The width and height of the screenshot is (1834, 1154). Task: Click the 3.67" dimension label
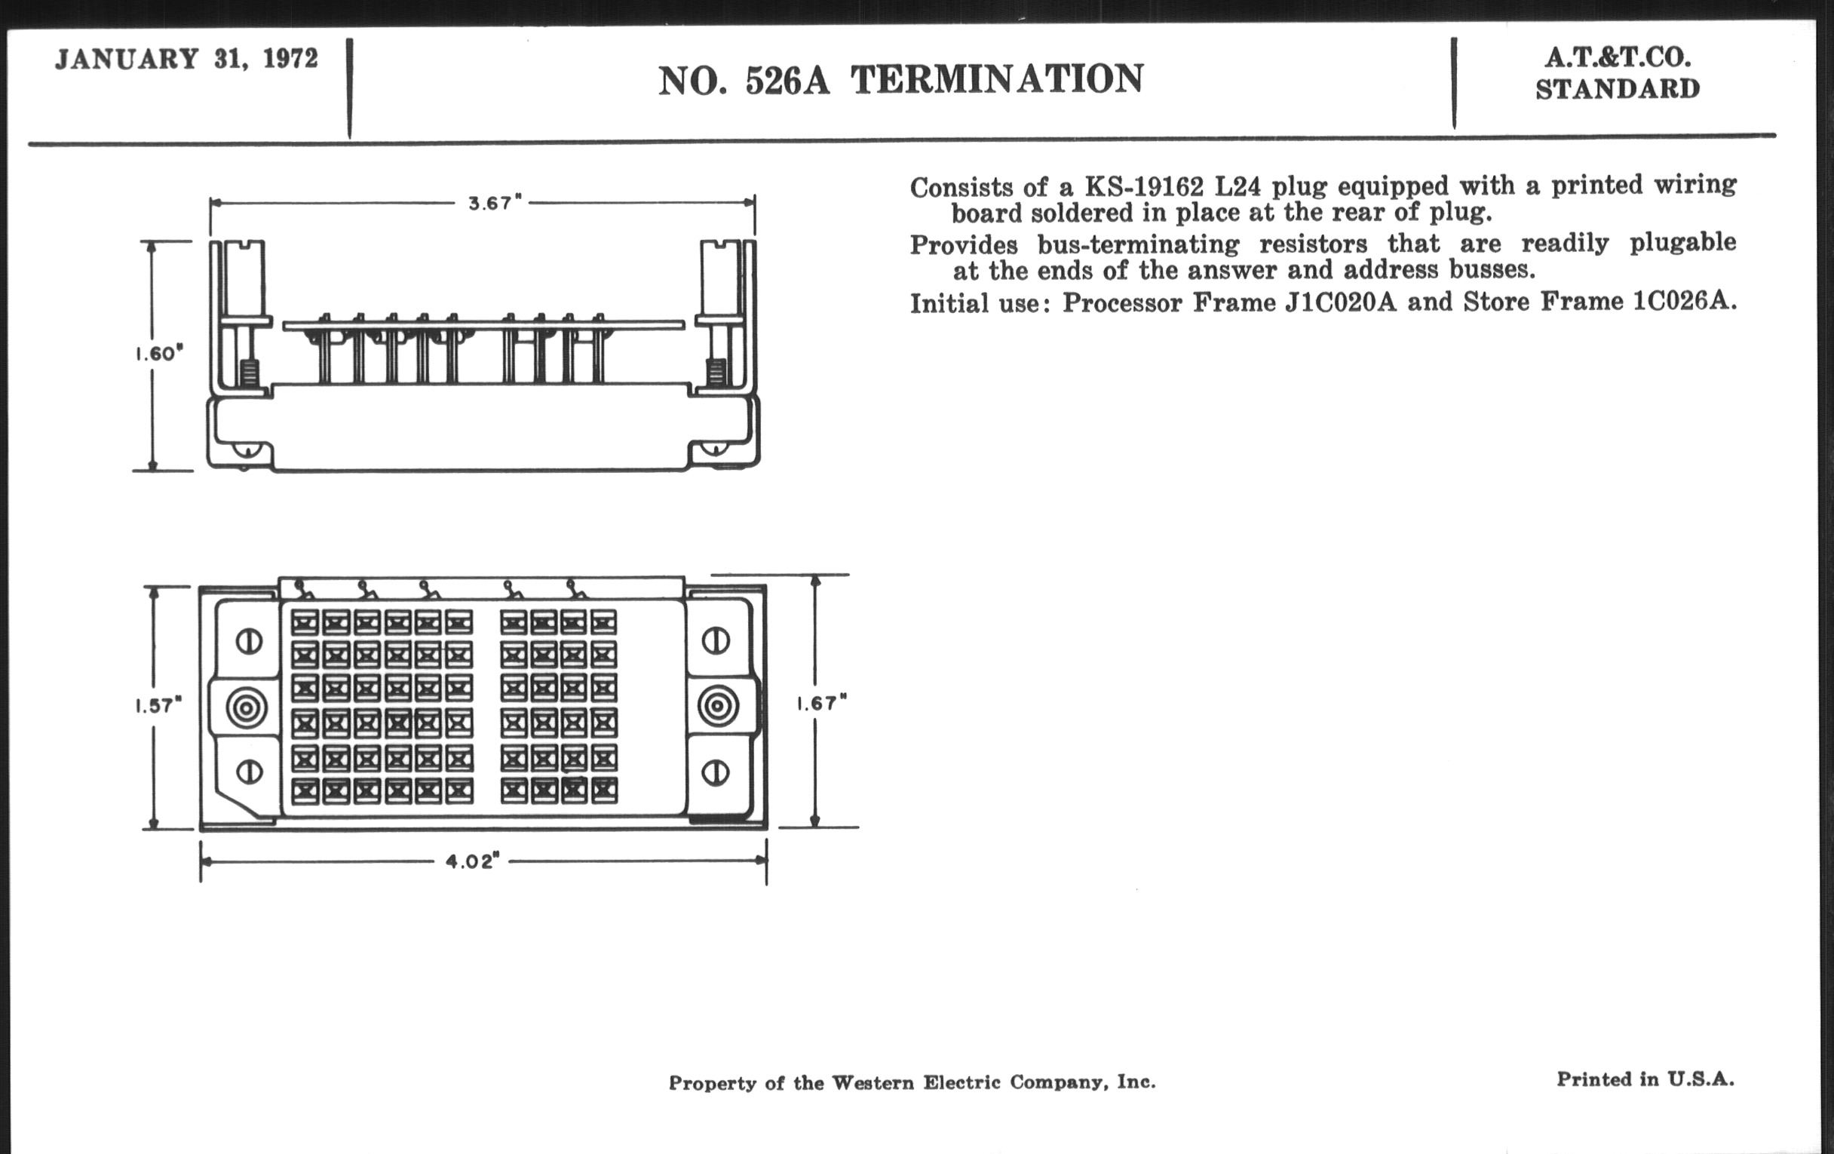click(x=495, y=204)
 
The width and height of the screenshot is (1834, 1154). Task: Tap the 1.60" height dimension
click(x=160, y=354)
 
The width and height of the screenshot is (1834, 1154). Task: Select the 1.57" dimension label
click(x=158, y=705)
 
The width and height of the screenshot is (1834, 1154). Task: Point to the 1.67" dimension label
click(x=822, y=703)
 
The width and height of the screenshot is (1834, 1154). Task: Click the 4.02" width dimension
click(x=472, y=861)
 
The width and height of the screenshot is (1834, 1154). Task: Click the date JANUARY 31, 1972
click(x=186, y=59)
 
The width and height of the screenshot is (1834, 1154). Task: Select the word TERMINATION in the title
click(x=997, y=79)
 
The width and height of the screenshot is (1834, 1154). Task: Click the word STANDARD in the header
click(x=1618, y=89)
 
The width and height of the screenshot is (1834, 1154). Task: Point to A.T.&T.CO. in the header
click(x=1618, y=57)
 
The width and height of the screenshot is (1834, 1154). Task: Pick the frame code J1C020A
click(x=1341, y=302)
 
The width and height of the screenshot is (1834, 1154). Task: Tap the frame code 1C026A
click(x=1684, y=301)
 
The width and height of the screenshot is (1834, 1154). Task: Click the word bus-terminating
click(x=1138, y=244)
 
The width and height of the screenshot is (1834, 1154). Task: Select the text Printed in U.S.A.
click(x=1645, y=1079)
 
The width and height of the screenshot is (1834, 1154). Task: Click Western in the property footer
click(x=873, y=1082)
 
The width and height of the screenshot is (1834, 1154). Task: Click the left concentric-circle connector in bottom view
click(x=247, y=708)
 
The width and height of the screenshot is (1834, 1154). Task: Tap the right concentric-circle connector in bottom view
click(x=718, y=706)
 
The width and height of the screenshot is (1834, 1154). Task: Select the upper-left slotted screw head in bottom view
click(x=249, y=641)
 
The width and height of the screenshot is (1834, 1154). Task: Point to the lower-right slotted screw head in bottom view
click(x=715, y=773)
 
